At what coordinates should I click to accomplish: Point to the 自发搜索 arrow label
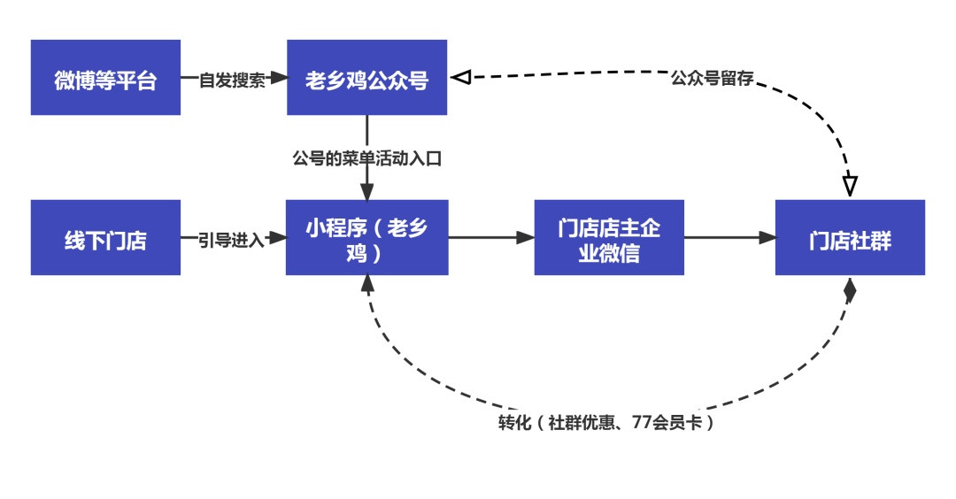click(232, 80)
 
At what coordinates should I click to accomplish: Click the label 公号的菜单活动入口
click(366, 159)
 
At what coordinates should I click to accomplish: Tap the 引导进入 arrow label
click(232, 239)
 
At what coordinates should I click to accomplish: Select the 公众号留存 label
click(712, 79)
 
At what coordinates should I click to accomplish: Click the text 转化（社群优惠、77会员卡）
click(605, 423)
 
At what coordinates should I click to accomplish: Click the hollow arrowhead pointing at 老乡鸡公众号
click(459, 78)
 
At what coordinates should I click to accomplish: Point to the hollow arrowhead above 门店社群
click(850, 187)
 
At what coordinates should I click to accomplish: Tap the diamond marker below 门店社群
click(850, 291)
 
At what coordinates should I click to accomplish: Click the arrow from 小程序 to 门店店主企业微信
click(491, 237)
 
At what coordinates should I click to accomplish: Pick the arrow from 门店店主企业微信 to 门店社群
click(729, 237)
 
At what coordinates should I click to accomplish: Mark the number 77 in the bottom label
click(643, 423)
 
